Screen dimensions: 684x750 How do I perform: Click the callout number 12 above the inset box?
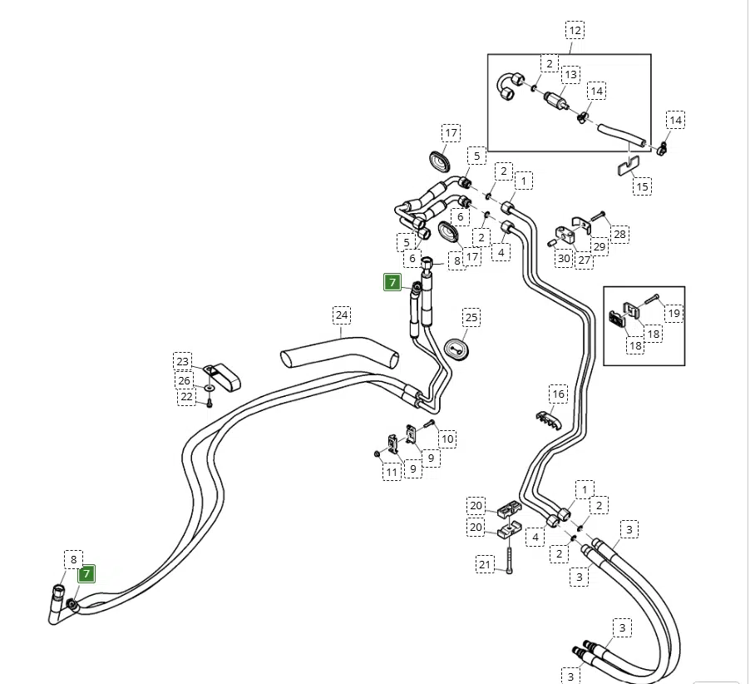pos(575,31)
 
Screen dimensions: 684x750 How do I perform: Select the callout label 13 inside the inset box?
pos(570,75)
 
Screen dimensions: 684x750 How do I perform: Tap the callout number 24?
pos(342,315)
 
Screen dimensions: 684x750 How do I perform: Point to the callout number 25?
pos(471,317)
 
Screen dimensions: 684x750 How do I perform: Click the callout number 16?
pos(558,394)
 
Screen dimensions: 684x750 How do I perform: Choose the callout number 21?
pos(486,565)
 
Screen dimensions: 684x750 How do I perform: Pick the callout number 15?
pos(642,186)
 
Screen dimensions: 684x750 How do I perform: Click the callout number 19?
pos(674,313)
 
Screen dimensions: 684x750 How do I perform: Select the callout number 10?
pos(447,439)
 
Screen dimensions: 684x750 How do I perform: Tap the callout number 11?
pos(392,473)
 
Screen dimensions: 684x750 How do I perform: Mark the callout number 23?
pos(183,361)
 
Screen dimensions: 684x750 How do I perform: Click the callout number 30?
pos(564,258)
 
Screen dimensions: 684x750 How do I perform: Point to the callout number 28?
pos(620,235)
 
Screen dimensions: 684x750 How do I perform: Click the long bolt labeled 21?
pos(510,557)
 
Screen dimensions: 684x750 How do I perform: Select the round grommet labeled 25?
pos(456,347)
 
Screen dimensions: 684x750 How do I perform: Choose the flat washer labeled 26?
pos(207,386)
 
